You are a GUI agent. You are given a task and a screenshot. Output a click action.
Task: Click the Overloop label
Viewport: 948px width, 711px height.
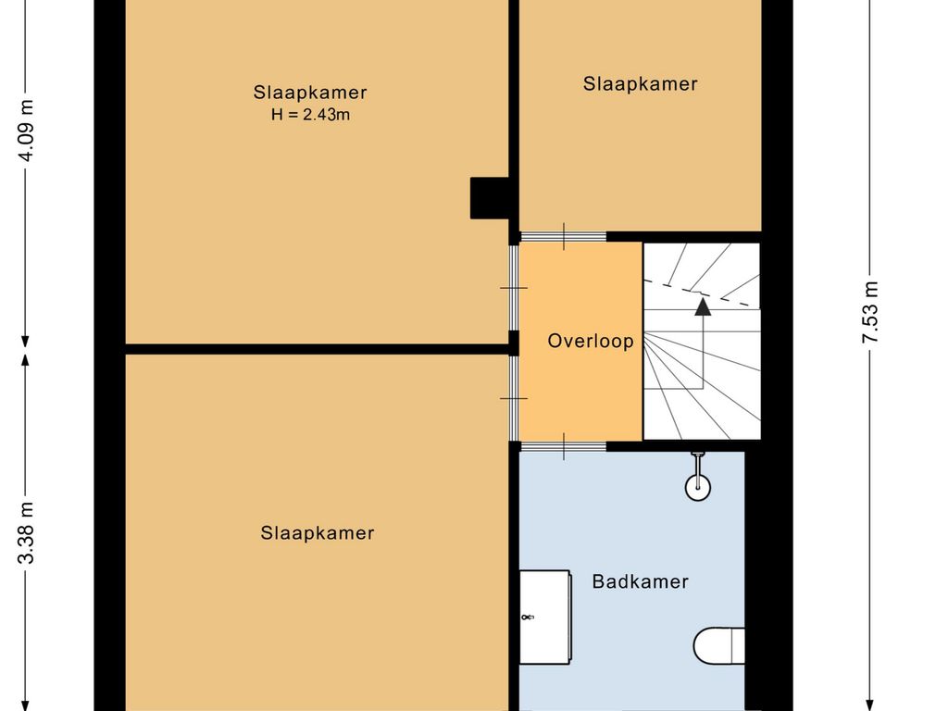(591, 341)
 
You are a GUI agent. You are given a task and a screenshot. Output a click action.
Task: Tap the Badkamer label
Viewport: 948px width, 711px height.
(641, 581)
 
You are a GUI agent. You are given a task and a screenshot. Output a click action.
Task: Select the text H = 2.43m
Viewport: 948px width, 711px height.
(310, 114)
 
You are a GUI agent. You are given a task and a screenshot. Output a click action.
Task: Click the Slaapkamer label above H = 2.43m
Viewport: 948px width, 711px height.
(310, 93)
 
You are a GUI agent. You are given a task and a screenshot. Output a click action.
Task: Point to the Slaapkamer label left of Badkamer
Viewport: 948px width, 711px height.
(318, 532)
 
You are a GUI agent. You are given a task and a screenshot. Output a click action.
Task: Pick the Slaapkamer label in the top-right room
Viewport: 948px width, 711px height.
(641, 83)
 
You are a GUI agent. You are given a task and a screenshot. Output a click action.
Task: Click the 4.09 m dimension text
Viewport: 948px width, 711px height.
(27, 130)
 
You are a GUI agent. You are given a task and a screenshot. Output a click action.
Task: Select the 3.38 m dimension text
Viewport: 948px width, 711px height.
(25, 532)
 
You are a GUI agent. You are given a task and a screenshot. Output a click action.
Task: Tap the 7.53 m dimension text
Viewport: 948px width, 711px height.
(869, 313)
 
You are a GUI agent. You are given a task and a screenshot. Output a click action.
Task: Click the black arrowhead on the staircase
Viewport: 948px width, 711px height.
(703, 306)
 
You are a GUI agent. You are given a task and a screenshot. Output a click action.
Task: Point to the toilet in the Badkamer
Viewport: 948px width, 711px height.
(718, 645)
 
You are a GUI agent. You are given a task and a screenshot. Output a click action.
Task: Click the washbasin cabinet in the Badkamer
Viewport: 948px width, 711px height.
(545, 617)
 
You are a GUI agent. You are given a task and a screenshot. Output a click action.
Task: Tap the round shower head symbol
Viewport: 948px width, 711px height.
(698, 487)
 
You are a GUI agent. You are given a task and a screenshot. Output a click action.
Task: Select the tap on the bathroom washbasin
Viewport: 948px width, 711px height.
(527, 617)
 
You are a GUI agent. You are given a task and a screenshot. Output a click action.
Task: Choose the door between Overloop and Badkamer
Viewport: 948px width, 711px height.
(564, 447)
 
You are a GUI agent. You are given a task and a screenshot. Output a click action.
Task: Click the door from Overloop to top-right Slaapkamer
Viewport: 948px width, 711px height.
(564, 236)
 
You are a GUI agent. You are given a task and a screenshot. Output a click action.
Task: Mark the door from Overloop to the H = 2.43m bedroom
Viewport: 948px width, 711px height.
(514, 288)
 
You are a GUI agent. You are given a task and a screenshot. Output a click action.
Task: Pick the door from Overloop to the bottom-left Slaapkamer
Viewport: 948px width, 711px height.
(514, 398)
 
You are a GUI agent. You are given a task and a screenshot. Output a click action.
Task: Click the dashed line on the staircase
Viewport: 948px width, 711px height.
(702, 293)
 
